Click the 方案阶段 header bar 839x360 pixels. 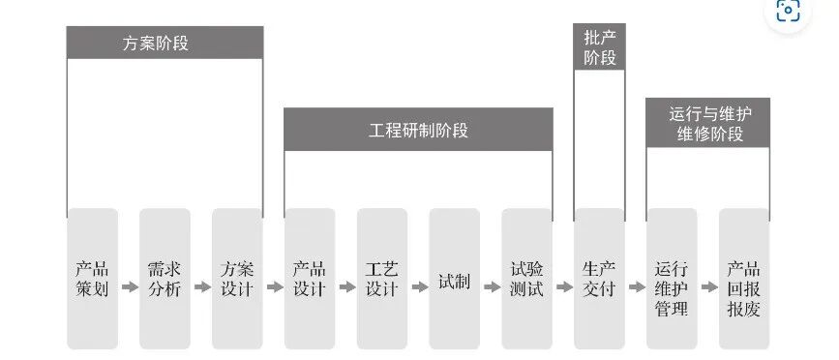[165, 43]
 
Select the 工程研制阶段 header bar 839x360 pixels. [418, 130]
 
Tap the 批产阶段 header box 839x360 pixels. [599, 47]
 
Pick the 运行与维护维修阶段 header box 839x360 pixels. [707, 123]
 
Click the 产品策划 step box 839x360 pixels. [93, 279]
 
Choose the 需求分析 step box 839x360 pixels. [165, 279]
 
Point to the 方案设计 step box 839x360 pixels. [237, 279]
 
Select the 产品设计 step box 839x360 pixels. [310, 279]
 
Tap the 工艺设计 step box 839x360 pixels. [382, 279]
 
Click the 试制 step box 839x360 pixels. [454, 279]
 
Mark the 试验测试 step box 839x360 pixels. [526, 279]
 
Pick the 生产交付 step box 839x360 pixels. [599, 279]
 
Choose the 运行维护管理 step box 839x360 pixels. [672, 279]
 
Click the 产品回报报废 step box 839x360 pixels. [743, 279]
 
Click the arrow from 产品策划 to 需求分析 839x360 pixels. [129, 287]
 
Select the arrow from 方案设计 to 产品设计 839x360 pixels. [274, 287]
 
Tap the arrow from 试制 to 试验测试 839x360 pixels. [491, 287]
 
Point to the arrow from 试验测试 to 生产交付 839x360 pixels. [563, 287]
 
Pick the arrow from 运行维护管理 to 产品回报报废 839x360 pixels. [707, 287]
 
